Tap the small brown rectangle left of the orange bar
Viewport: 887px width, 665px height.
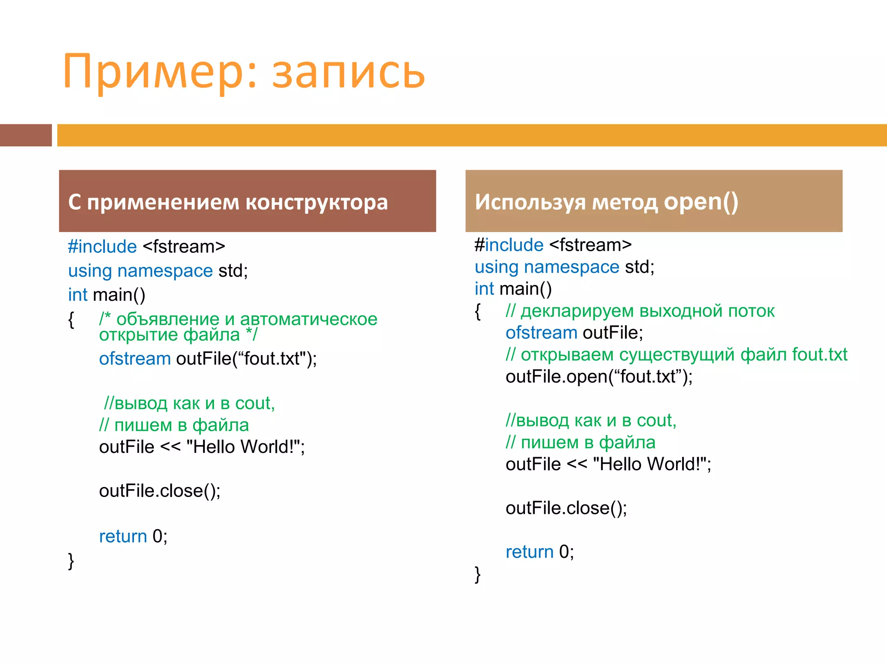26,135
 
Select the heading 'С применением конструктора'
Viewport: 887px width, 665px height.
228,202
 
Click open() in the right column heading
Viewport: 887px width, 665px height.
701,202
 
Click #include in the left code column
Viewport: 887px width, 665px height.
102,247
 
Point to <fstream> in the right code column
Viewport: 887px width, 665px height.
590,245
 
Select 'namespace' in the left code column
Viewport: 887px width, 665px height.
165,271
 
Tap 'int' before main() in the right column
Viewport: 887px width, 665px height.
484,289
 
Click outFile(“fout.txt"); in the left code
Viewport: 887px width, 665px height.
246,359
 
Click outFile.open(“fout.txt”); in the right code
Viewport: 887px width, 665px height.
599,377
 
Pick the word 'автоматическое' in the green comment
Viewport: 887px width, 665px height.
308,319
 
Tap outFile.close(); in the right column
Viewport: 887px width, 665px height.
566,508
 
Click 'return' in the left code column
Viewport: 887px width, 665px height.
123,536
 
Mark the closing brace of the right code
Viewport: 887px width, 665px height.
477,575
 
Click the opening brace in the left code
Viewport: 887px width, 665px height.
71,320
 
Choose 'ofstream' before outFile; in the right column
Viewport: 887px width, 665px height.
541,333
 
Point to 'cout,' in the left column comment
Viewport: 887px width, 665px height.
255,404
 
